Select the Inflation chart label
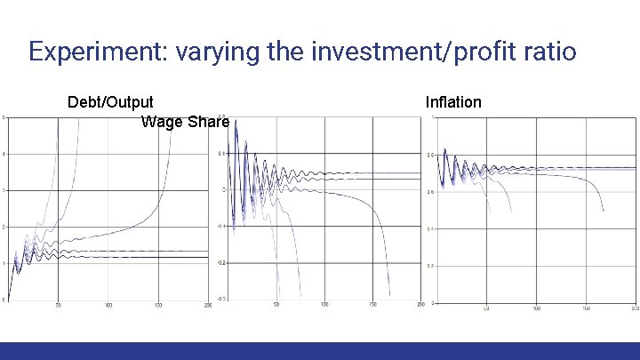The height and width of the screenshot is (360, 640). (453, 102)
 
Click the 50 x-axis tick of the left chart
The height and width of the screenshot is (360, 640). (59, 306)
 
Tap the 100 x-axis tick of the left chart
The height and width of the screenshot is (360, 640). (108, 306)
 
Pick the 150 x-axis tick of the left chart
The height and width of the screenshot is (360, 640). (158, 306)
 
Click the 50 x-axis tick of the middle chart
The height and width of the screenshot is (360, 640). (276, 306)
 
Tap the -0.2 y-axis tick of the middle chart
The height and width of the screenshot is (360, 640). (222, 263)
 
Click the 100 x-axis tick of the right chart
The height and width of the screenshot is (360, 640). (536, 308)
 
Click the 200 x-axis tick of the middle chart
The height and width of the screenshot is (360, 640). (419, 306)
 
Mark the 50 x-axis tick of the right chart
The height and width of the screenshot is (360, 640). (486, 308)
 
